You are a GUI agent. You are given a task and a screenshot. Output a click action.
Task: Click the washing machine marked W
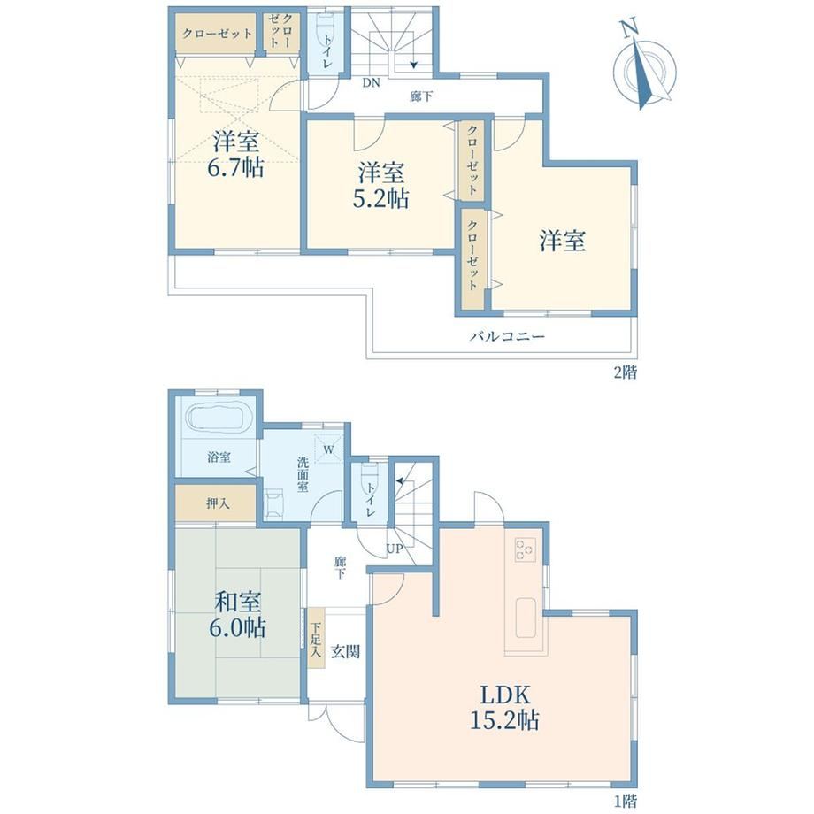[328, 448]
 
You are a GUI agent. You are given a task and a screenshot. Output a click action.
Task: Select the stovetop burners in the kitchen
[525, 549]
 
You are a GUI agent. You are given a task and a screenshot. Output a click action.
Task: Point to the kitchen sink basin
[525, 617]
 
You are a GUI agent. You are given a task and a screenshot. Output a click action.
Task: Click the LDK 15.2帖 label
[504, 707]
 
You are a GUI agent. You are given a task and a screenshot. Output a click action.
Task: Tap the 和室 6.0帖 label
[238, 615]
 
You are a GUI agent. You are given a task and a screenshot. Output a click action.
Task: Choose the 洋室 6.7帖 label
[236, 153]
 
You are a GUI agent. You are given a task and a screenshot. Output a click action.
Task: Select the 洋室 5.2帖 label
[380, 185]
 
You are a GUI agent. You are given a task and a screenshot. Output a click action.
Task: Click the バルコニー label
[507, 336]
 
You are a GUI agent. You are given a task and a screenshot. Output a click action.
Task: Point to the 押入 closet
[217, 503]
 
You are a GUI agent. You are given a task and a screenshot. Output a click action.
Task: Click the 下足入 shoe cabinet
[316, 638]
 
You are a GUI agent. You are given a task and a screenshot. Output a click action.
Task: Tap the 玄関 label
[345, 651]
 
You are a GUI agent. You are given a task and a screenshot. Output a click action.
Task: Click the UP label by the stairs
[394, 549]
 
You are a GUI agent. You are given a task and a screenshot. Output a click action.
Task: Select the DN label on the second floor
[371, 82]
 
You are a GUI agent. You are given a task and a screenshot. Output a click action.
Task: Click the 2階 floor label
[625, 372]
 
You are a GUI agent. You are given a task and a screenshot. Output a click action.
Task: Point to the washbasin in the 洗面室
[273, 503]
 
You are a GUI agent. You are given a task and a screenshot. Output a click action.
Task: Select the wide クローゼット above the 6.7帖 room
[217, 34]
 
